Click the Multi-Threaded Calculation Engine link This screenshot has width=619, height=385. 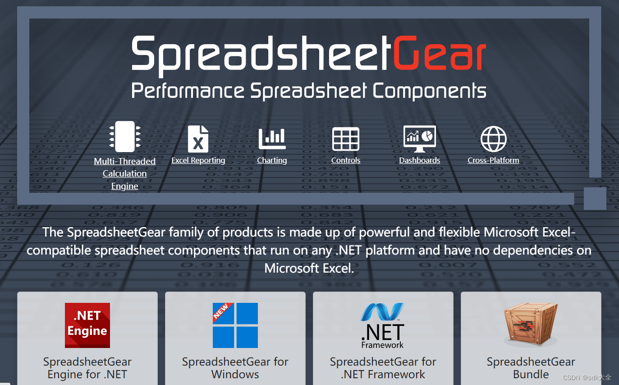click(124, 174)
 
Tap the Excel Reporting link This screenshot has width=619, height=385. click(198, 160)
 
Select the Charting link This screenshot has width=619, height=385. click(272, 160)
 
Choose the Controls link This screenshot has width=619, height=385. click(346, 160)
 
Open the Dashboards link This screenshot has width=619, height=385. click(420, 160)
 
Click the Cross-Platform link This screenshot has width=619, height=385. click(493, 160)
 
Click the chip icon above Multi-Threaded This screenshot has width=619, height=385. click(125, 136)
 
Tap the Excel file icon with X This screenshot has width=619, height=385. click(198, 139)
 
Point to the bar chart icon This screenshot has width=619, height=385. click(272, 139)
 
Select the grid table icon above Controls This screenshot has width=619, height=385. click(346, 139)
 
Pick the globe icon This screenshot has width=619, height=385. click(494, 139)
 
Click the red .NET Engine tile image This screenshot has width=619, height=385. click(87, 325)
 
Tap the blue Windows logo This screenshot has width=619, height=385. click(235, 325)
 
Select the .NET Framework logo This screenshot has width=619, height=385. click(383, 325)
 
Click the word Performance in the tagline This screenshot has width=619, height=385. click(188, 91)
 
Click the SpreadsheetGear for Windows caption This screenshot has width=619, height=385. click(235, 368)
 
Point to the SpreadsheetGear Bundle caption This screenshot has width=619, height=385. click(531, 368)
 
